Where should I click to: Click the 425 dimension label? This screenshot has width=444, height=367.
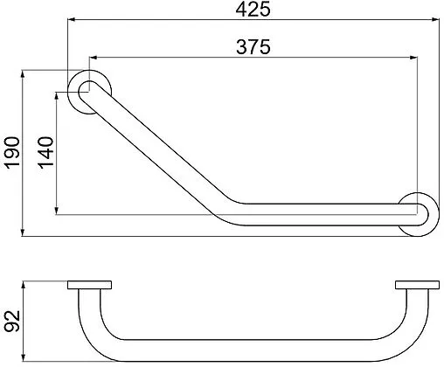pyautogui.click(x=253, y=10)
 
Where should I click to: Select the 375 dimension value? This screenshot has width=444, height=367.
pyautogui.click(x=253, y=47)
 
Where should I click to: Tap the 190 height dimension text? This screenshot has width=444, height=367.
pyautogui.click(x=12, y=153)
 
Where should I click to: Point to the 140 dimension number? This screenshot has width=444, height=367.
pyautogui.click(x=45, y=153)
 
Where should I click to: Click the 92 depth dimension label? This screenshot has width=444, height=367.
pyautogui.click(x=12, y=322)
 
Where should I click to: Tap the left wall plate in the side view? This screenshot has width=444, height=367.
pyautogui.click(x=89, y=285)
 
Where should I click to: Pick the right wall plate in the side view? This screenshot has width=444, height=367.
pyautogui.click(x=417, y=285)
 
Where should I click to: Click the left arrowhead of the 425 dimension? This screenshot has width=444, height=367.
pyautogui.click(x=72, y=20)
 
